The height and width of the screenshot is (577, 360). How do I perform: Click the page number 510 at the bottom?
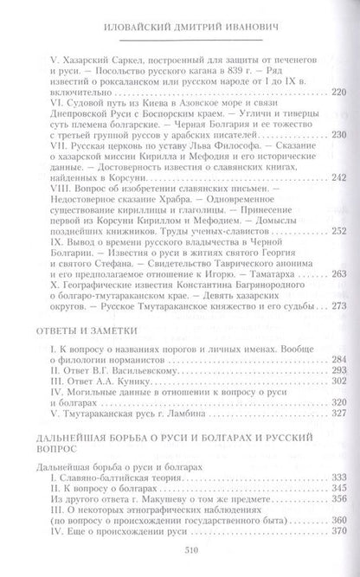(x=180, y=557)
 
